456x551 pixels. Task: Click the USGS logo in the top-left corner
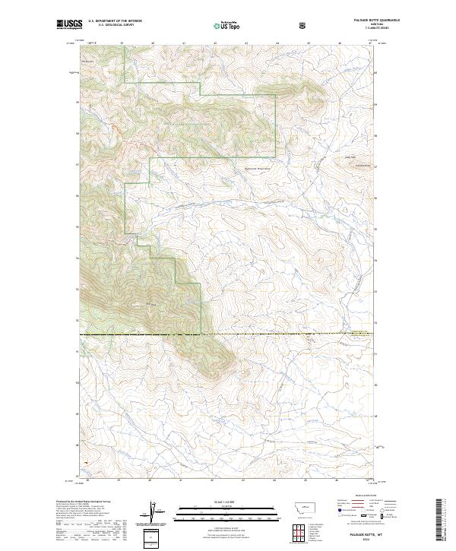pos(69,24)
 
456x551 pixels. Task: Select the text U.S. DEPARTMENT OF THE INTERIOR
pos(115,21)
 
